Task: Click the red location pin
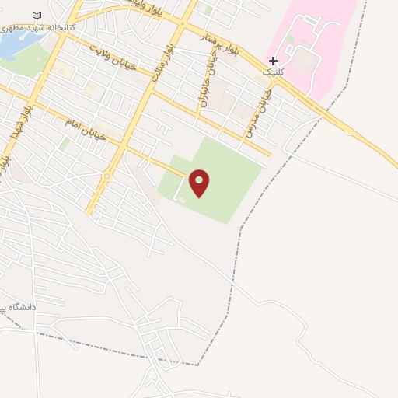pyautogui.click(x=200, y=183)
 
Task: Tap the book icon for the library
pyautogui.click(x=37, y=16)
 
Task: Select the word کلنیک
pyautogui.click(x=273, y=72)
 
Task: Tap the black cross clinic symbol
pyautogui.click(x=273, y=61)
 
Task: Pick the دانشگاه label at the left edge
pyautogui.click(x=19, y=308)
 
